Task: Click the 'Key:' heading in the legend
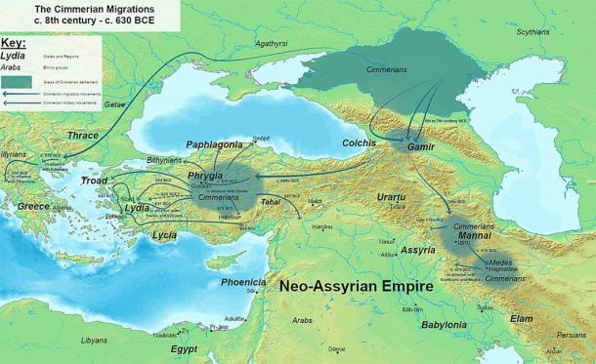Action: click(x=15, y=43)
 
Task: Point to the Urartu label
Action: click(x=396, y=198)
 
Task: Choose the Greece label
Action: click(x=33, y=207)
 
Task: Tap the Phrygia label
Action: click(x=206, y=177)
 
